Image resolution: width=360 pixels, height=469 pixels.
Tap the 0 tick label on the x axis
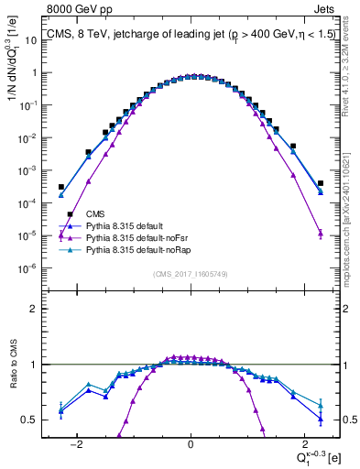click(191, 443)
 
